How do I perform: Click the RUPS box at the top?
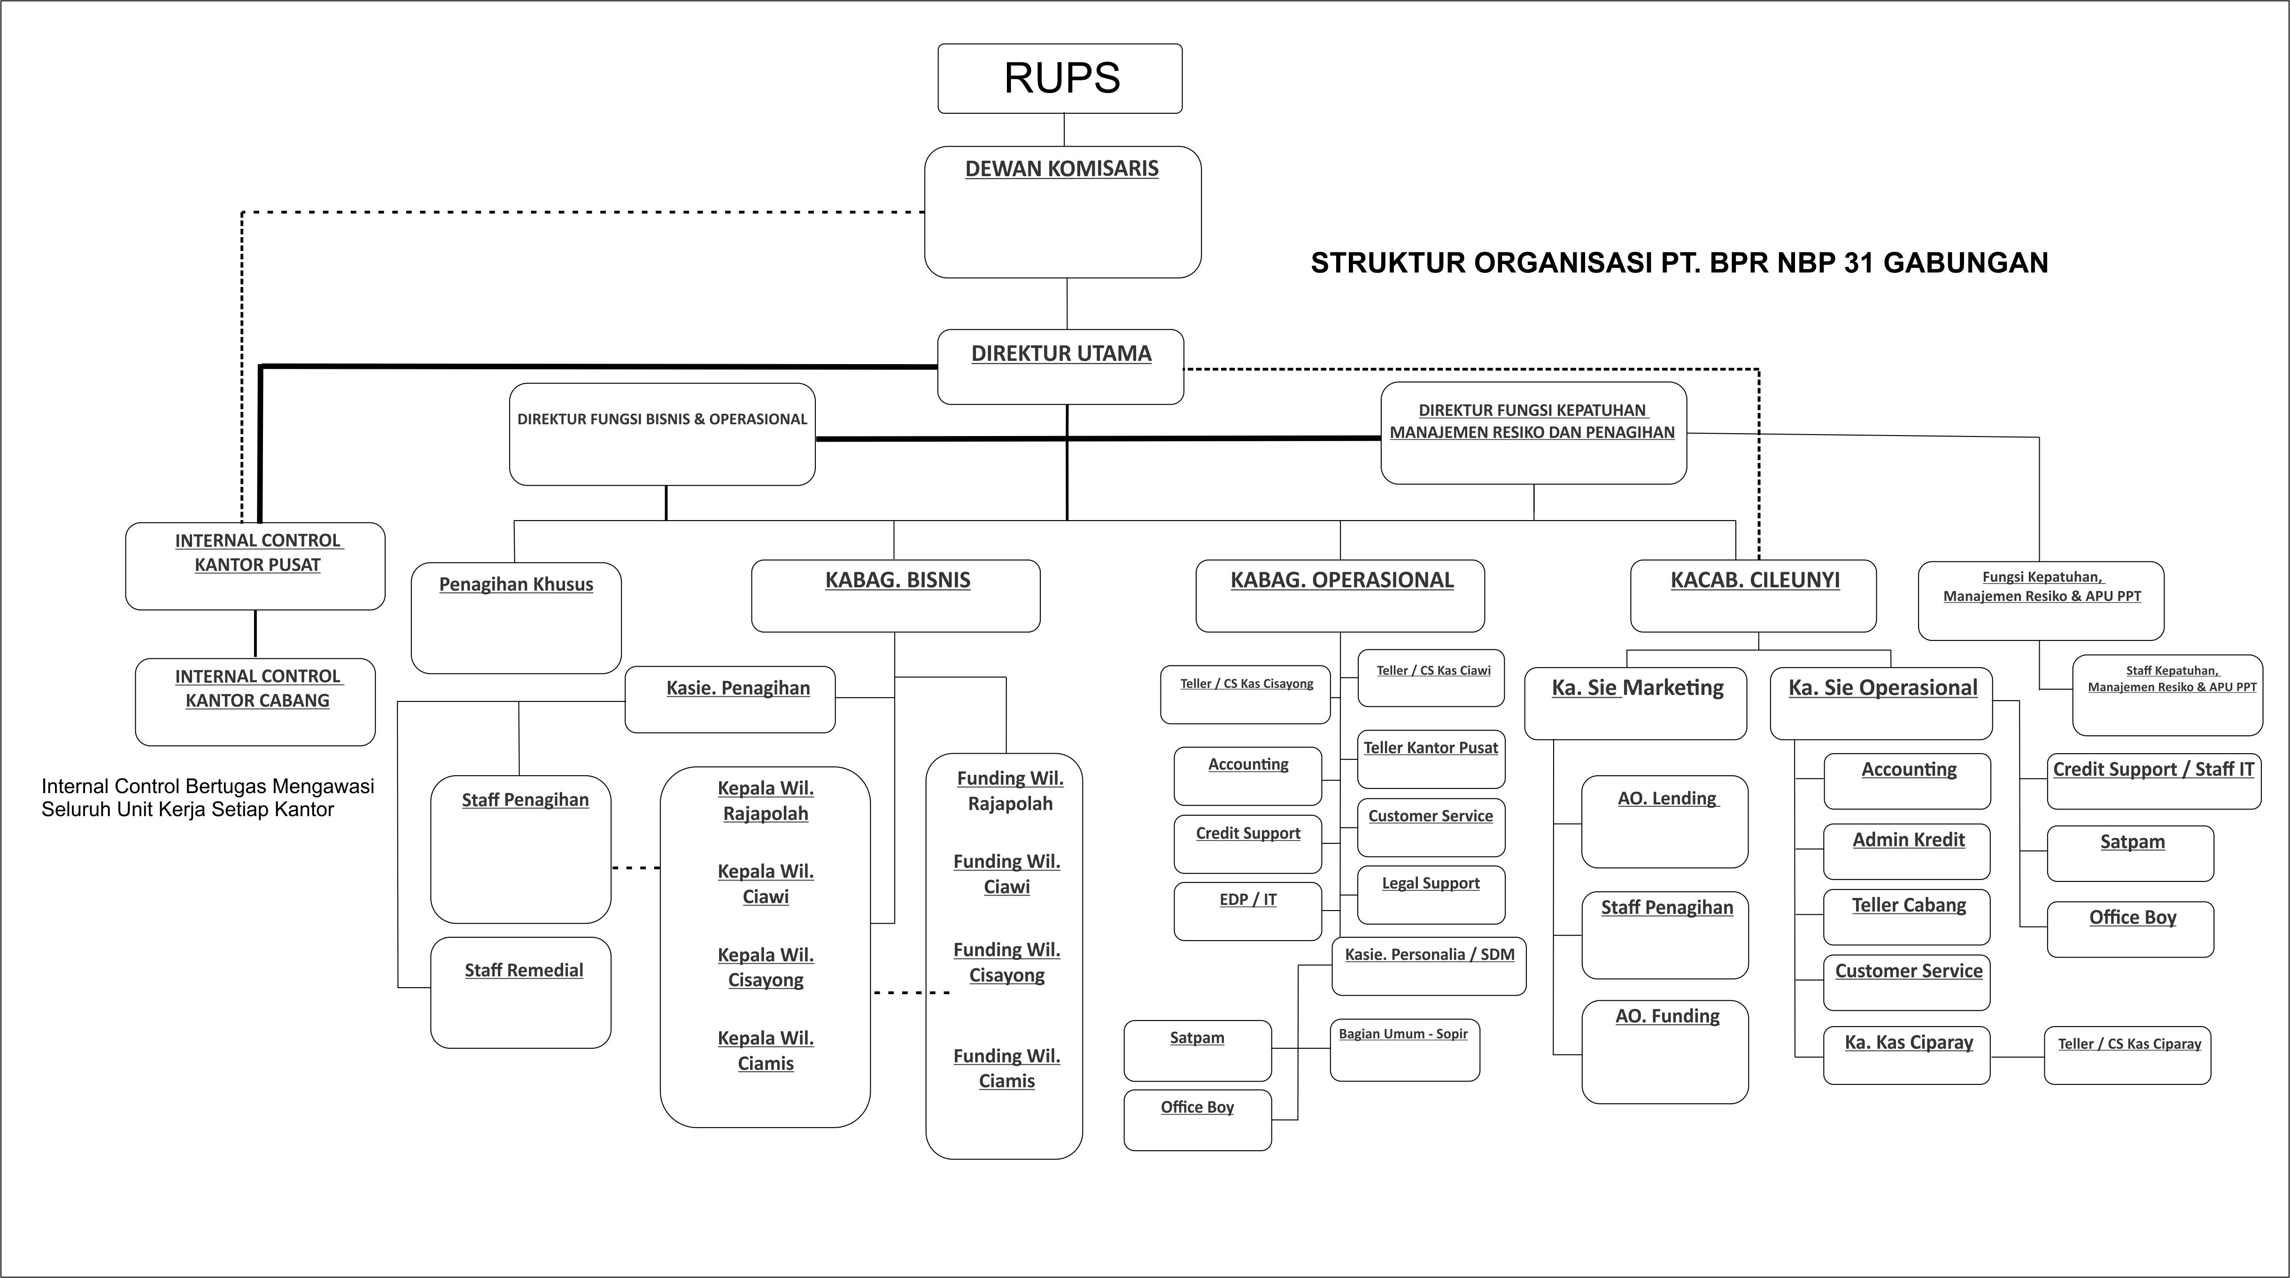click(x=1060, y=78)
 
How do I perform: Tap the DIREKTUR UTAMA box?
click(x=1060, y=366)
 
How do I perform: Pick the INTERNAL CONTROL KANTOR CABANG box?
click(x=255, y=701)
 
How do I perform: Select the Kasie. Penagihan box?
click(x=730, y=699)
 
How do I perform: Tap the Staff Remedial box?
click(x=521, y=992)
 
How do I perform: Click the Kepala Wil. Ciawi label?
click(x=766, y=884)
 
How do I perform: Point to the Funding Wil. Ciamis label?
click(x=1006, y=1068)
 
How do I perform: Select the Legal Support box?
click(x=1431, y=894)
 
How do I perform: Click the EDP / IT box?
click(x=1247, y=911)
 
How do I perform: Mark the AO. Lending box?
click(x=1664, y=821)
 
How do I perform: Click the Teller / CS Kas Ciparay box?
click(x=2128, y=1055)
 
